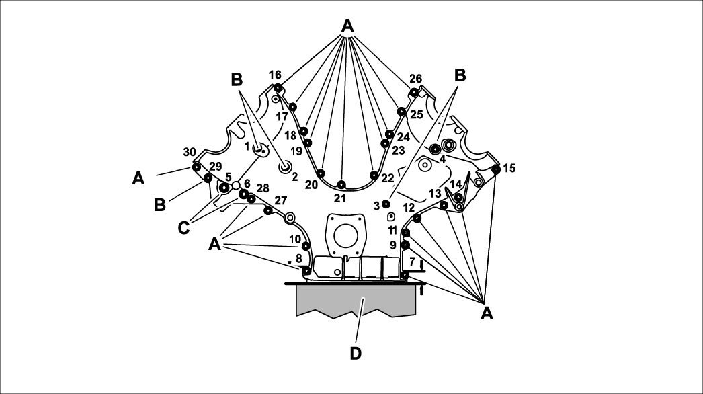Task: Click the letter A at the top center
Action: coord(347,26)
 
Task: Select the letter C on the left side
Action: coord(183,228)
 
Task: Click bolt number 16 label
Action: coord(275,75)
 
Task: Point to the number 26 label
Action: coord(415,79)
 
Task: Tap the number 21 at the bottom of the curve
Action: coord(340,198)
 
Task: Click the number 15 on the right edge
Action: coord(509,168)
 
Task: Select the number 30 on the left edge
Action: coord(189,151)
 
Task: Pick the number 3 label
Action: coord(376,206)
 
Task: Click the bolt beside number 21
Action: coord(341,185)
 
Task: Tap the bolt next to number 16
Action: coord(278,88)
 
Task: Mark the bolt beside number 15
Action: coord(495,169)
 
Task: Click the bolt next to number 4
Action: coord(435,147)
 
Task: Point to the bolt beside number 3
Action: coord(386,204)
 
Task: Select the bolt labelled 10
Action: coord(306,246)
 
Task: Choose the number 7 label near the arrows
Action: coord(412,261)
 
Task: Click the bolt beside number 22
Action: coord(374,175)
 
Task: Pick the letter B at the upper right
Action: coord(460,75)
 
